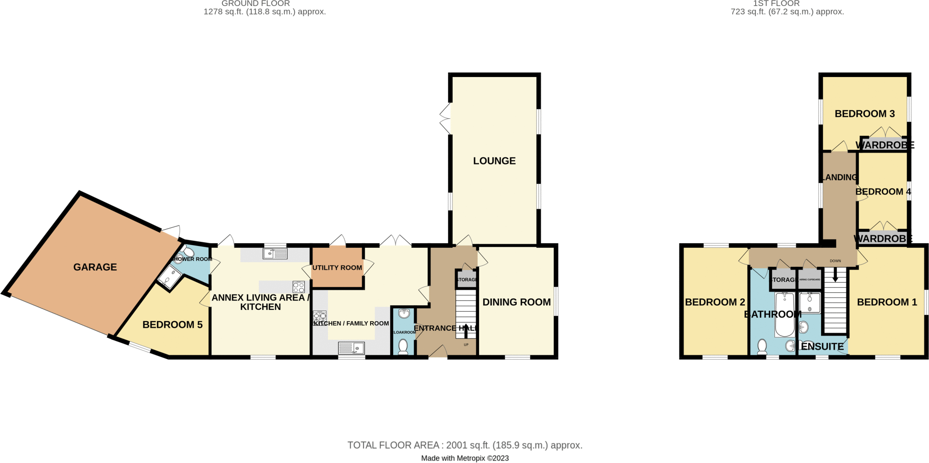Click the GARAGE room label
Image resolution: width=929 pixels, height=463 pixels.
[x=95, y=267]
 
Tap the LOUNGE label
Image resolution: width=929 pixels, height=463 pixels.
[x=494, y=161]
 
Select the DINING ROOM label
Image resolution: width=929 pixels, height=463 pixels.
[x=516, y=302]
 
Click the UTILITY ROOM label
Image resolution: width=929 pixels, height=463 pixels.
[x=337, y=268]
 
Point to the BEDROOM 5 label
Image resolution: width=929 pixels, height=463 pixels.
[x=172, y=325]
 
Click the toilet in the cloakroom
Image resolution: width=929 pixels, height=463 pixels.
[x=403, y=347]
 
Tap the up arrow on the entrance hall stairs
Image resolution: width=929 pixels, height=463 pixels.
[x=466, y=331]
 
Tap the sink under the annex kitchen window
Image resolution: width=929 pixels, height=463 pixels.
[x=275, y=253]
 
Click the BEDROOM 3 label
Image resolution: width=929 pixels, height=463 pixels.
[x=865, y=114]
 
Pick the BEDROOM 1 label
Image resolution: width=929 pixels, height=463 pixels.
[x=887, y=302]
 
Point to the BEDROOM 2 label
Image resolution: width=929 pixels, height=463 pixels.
[x=715, y=302]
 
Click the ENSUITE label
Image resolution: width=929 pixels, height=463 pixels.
[x=822, y=347]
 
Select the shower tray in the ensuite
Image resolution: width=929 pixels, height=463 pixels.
[x=810, y=303]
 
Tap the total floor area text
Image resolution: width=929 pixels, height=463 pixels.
[x=464, y=445]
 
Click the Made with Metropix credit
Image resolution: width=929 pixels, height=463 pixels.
[x=464, y=458]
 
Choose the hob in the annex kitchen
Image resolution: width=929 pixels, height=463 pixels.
[x=298, y=287]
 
